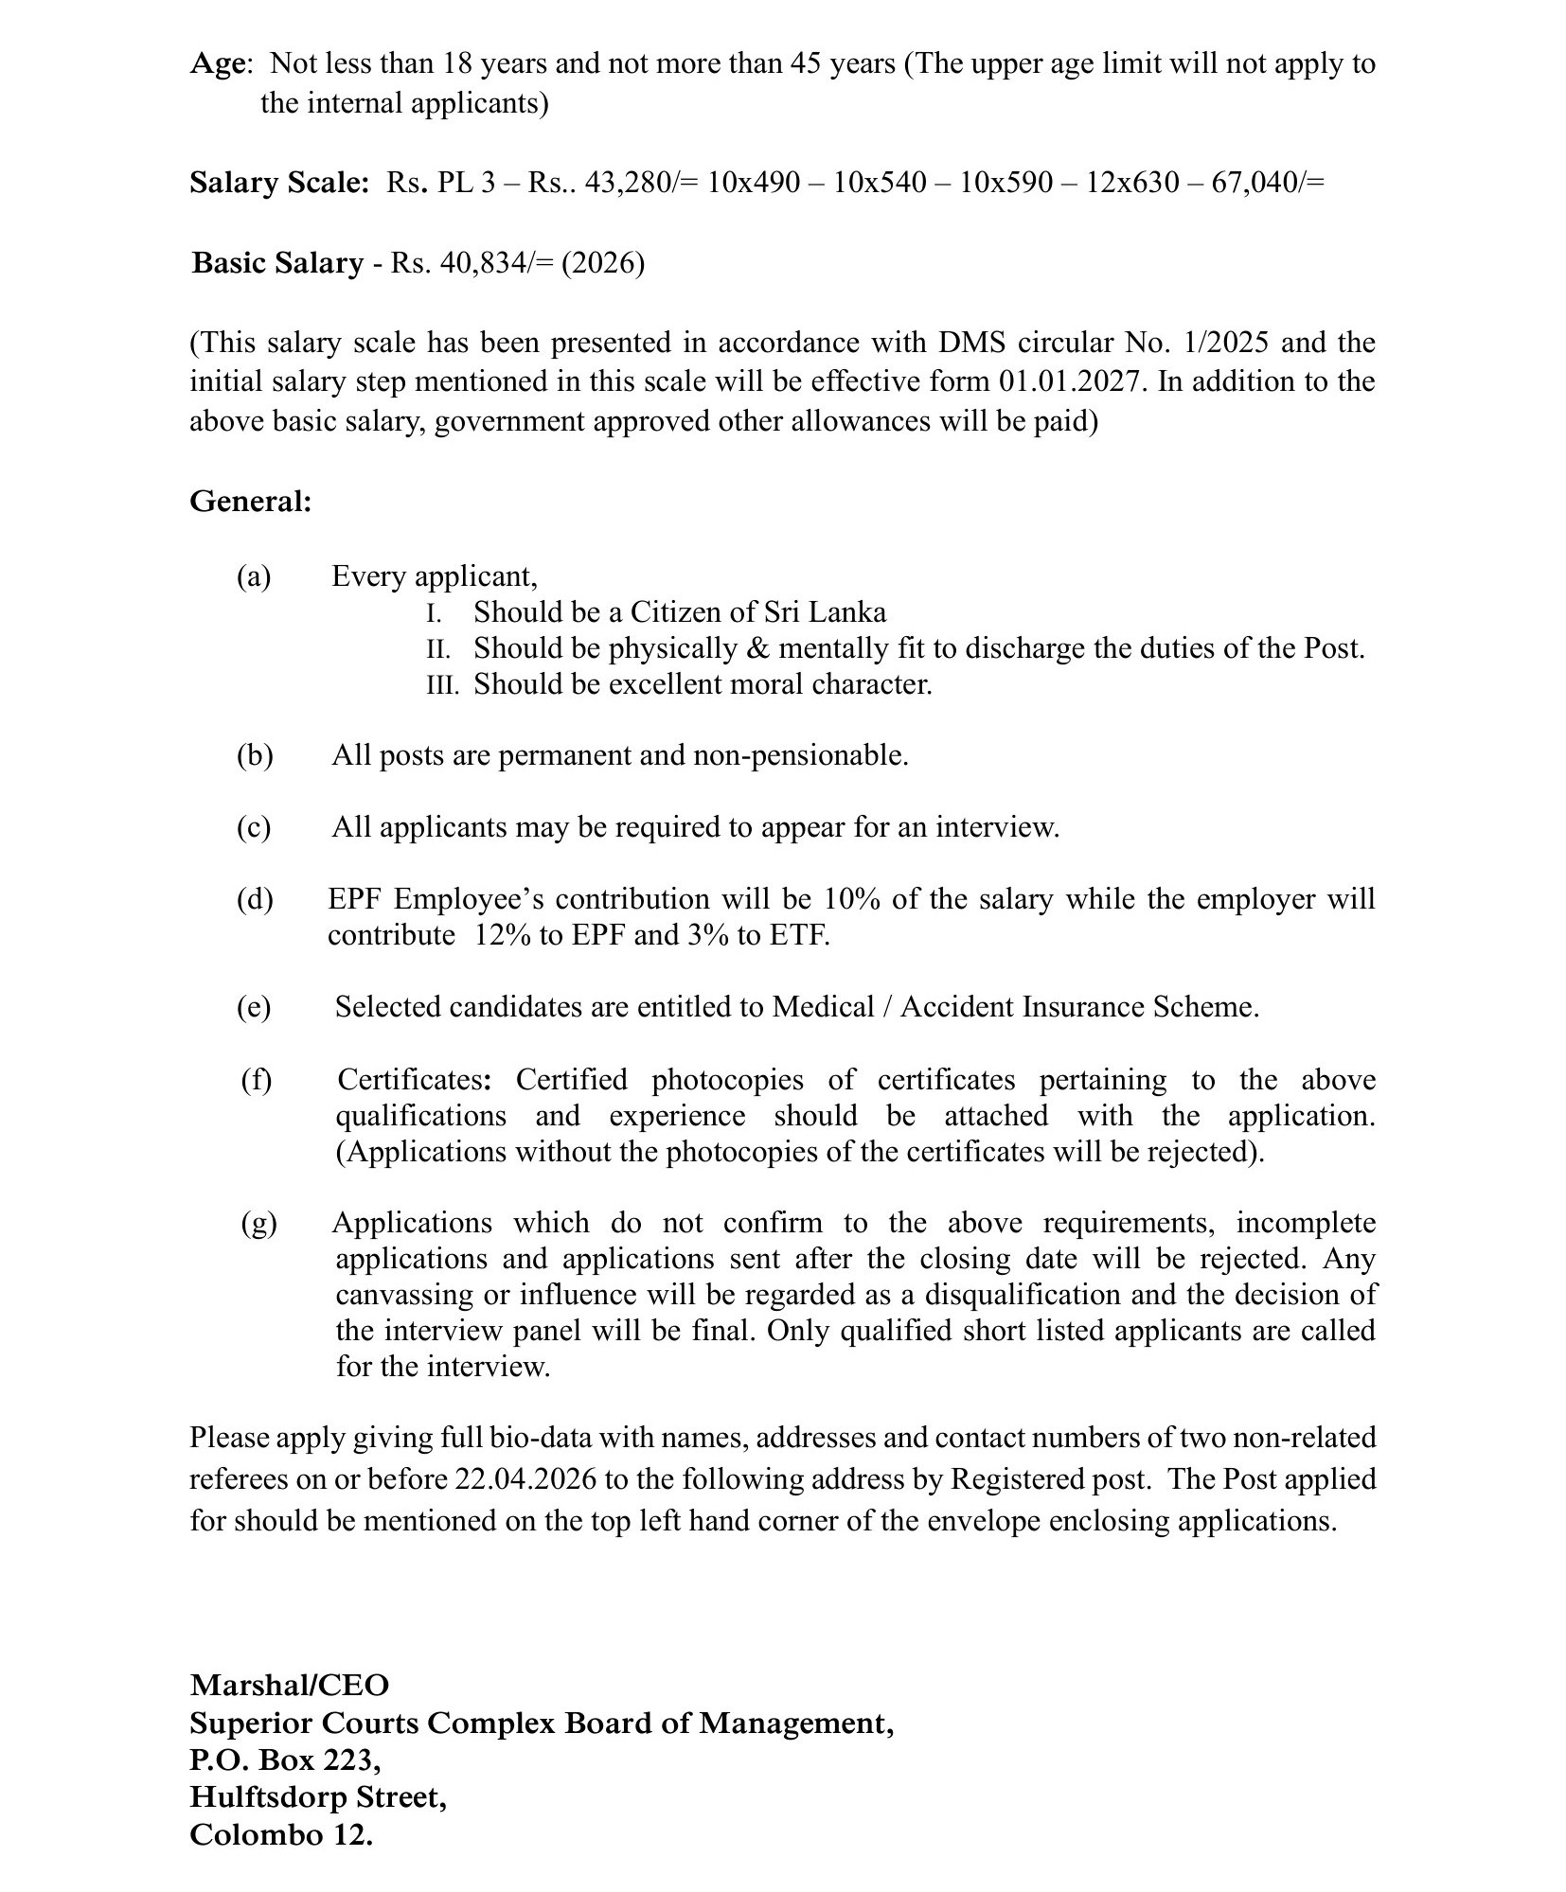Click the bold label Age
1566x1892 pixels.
click(x=218, y=64)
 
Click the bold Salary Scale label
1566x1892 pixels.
click(x=279, y=183)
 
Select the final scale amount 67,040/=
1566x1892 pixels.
click(x=1268, y=182)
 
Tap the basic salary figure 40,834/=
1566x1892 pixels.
click(x=496, y=262)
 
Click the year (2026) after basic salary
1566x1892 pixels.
click(x=603, y=262)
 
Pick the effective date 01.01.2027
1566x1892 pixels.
click(x=1068, y=381)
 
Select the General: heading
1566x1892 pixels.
click(x=251, y=501)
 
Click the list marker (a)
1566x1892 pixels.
click(x=254, y=576)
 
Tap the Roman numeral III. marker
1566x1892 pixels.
click(x=442, y=684)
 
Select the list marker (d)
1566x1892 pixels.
click(x=255, y=898)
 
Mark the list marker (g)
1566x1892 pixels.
click(x=258, y=1223)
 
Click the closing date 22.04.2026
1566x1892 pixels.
click(x=525, y=1479)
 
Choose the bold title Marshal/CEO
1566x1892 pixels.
click(x=289, y=1685)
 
